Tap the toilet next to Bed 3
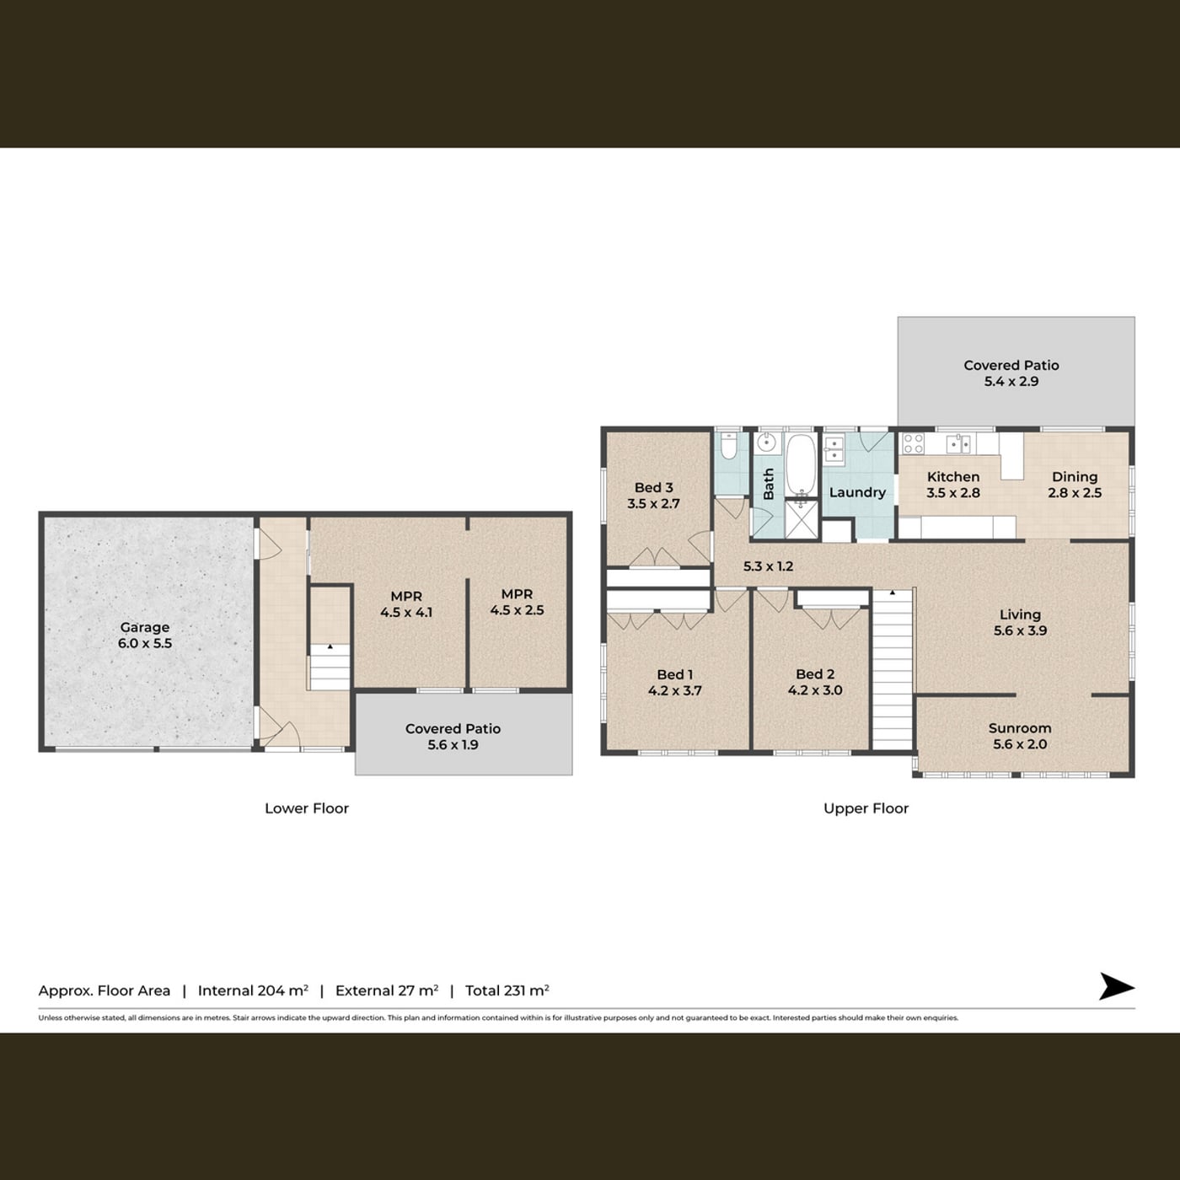click(x=728, y=446)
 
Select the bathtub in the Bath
click(x=801, y=464)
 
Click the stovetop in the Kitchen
click(x=913, y=443)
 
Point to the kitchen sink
click(x=958, y=443)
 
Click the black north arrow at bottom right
click(x=1117, y=986)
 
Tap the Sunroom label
click(x=1020, y=728)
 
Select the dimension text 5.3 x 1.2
click(x=768, y=566)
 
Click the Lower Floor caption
click(x=307, y=808)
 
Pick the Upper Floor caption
click(x=866, y=808)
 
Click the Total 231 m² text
click(x=507, y=990)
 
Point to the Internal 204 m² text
click(x=253, y=990)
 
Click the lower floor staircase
click(x=330, y=667)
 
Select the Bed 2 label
click(x=815, y=674)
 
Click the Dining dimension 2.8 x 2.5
click(x=1075, y=492)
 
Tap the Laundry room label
click(x=857, y=492)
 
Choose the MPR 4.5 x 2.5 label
click(x=517, y=602)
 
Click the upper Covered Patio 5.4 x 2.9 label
click(x=1011, y=373)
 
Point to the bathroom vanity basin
click(x=767, y=442)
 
